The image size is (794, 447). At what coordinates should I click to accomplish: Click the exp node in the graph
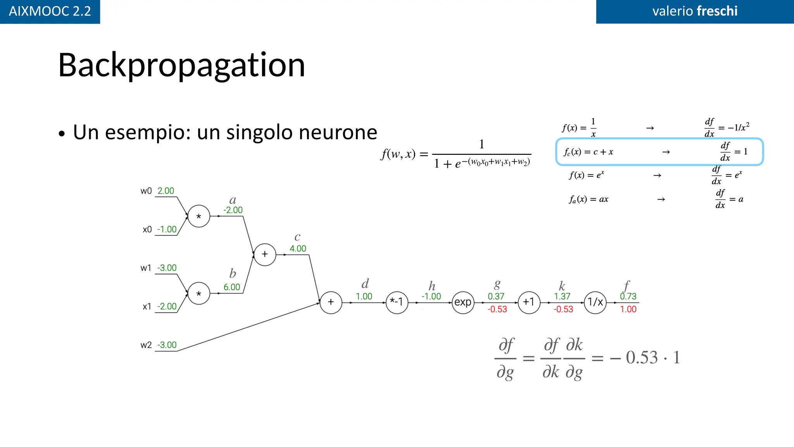pos(463,302)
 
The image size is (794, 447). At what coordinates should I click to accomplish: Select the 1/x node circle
pos(595,302)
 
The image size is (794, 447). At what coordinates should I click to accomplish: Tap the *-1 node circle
pos(397,302)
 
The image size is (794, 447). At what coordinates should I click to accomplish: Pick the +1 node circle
pos(529,302)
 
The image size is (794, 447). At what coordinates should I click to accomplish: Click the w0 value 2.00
pos(166,191)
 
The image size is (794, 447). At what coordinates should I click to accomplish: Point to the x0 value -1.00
pos(167,229)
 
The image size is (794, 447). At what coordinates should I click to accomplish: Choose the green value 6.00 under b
pos(232,287)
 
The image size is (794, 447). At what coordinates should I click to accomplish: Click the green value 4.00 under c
pos(298,249)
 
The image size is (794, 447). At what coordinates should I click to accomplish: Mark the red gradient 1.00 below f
pos(628,309)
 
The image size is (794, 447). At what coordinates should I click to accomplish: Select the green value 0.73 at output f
pos(628,296)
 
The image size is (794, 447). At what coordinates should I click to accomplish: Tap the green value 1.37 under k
pos(562,296)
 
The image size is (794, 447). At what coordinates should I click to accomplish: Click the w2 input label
pos(146,345)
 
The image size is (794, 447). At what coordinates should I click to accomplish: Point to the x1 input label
pos(147,307)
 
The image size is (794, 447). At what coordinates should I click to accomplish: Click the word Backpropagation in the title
pos(181,65)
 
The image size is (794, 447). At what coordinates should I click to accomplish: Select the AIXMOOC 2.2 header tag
pos(50,11)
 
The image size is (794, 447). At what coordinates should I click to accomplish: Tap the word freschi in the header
pos(717,11)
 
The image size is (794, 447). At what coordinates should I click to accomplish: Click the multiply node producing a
pos(199,216)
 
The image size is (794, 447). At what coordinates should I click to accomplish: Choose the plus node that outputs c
pos(265,255)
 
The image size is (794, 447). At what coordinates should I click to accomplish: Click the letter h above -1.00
pos(432,286)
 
